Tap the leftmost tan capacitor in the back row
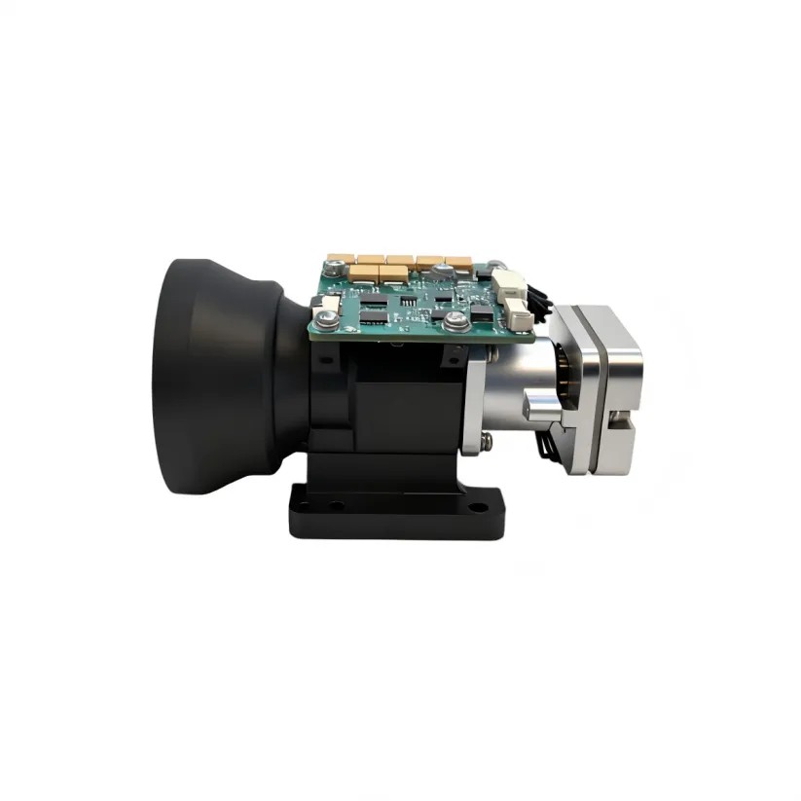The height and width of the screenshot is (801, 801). point(342,261)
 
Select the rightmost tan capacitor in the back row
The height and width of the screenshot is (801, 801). point(457,264)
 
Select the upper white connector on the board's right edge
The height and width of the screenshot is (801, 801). point(507,283)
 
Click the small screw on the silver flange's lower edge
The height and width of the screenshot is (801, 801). point(486,443)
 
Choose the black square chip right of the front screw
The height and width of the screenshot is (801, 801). point(481,313)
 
